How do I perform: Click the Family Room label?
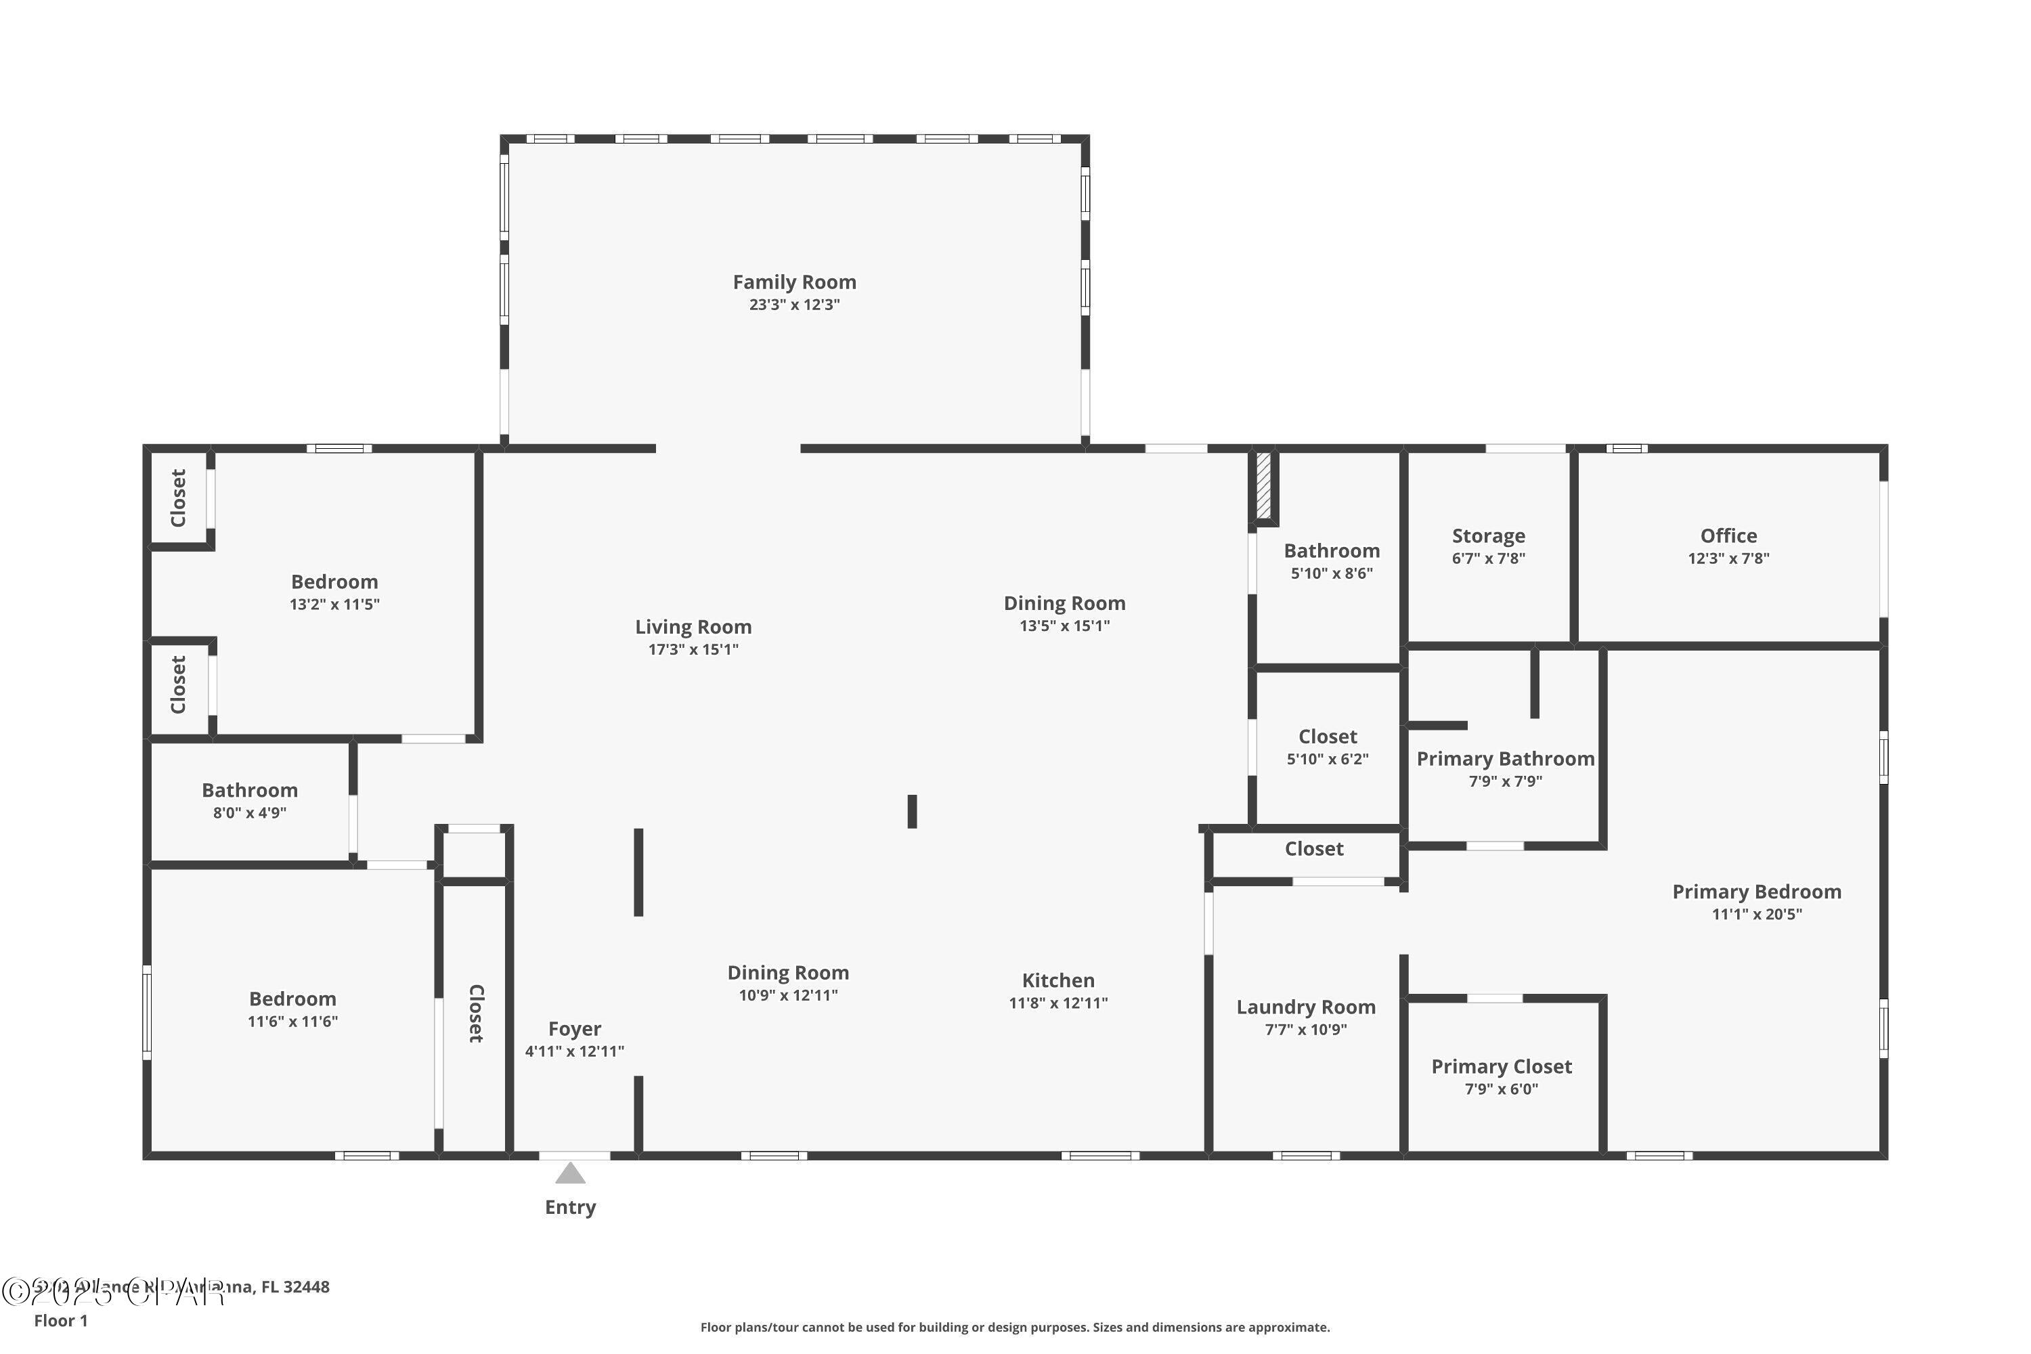tap(793, 282)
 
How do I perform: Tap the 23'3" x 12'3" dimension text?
tap(793, 305)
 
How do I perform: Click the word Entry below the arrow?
tap(570, 1207)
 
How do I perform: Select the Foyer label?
tap(574, 1028)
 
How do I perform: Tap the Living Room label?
tap(693, 627)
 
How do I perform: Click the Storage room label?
tap(1488, 536)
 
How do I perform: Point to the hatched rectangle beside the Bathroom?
tap(1263, 486)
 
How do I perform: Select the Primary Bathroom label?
tap(1505, 759)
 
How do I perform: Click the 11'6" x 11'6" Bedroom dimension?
tap(292, 1022)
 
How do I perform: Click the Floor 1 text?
tap(60, 1320)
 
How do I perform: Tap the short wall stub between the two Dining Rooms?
tap(912, 811)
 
